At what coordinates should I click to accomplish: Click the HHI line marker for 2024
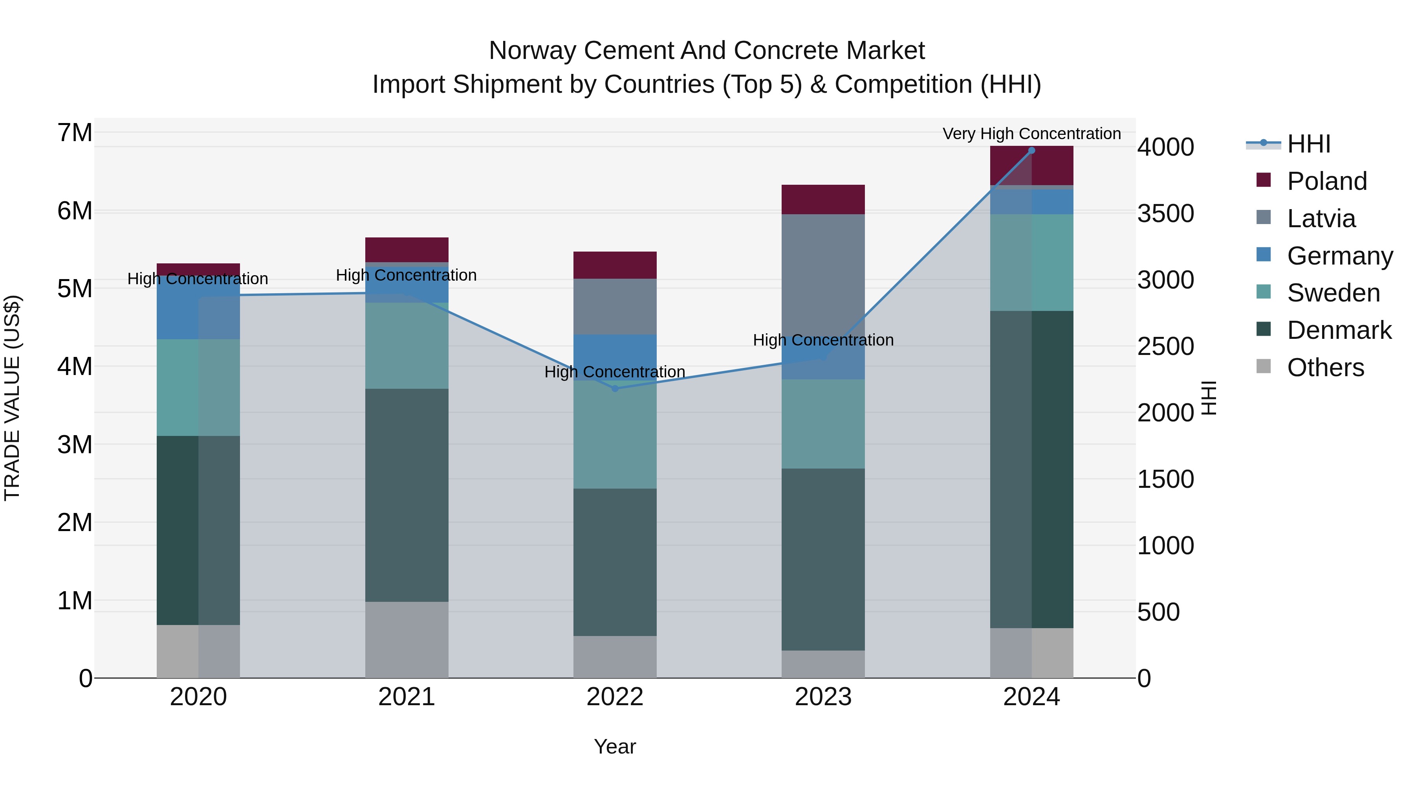(1031, 151)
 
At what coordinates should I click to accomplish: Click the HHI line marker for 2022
(615, 388)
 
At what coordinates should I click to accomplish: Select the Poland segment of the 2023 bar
(823, 199)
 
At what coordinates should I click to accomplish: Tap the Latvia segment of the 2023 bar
(823, 275)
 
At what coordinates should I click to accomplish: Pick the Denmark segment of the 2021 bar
(407, 495)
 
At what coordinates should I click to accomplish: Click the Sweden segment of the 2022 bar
(615, 434)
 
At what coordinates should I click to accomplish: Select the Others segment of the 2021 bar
(407, 640)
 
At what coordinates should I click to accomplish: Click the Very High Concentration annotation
(1031, 134)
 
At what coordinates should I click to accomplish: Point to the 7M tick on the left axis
(75, 133)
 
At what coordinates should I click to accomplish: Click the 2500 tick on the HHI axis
(1165, 347)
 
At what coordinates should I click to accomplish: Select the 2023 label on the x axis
(823, 697)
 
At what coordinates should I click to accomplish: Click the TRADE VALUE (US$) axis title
(13, 398)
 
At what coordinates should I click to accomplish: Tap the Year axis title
(615, 746)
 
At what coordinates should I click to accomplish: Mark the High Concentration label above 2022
(615, 372)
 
